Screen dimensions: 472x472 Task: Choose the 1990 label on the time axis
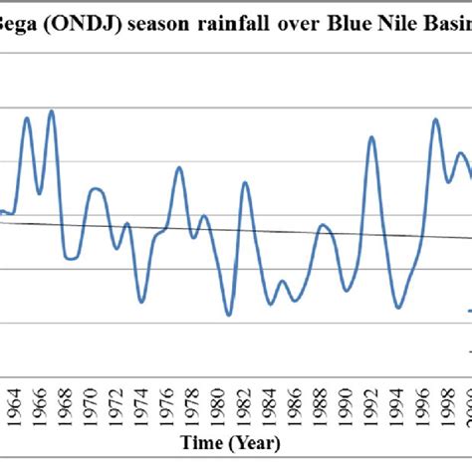[348, 408]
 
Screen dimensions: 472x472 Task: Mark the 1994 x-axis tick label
[398, 408]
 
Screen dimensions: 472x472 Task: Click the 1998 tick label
[448, 408]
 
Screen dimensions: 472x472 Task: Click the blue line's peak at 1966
[51, 111]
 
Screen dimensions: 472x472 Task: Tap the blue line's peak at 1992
[371, 136]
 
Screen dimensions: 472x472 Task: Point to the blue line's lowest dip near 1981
[228, 315]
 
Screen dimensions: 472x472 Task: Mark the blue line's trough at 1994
[397, 309]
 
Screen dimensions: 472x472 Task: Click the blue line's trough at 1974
[142, 300]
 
